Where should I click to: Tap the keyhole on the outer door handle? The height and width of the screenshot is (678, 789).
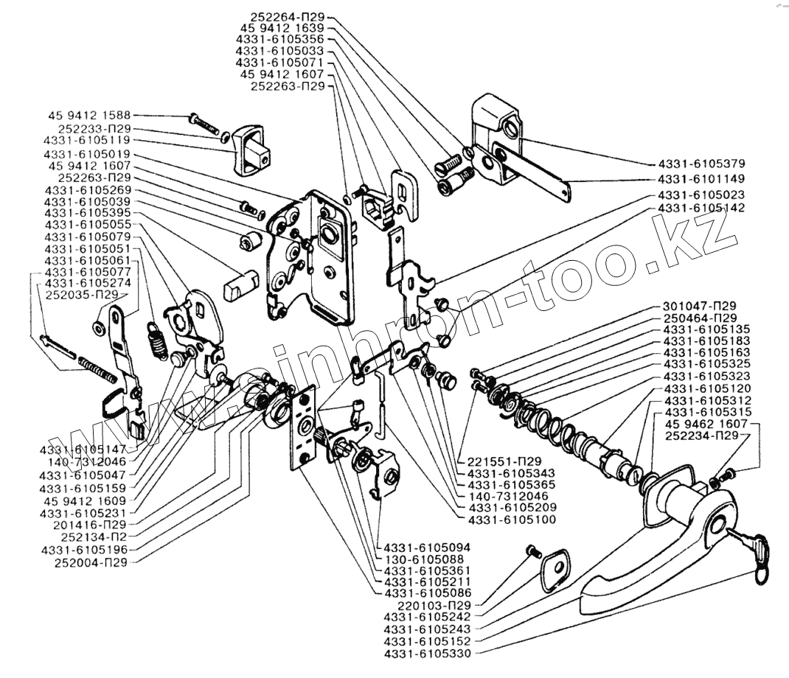point(719,525)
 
